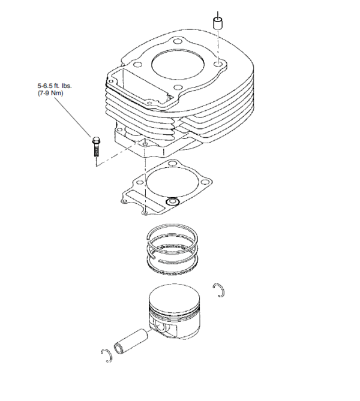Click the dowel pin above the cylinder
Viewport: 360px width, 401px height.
pyautogui.click(x=218, y=23)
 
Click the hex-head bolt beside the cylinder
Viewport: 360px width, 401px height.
pyautogui.click(x=96, y=147)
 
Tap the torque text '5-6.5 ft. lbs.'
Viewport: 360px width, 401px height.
pyautogui.click(x=55, y=86)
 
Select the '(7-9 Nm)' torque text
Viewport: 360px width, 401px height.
pyautogui.click(x=50, y=93)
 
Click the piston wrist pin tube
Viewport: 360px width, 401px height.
pyautogui.click(x=131, y=342)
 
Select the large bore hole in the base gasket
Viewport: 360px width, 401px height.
pyautogui.click(x=173, y=182)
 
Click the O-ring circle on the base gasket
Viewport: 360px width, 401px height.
pyautogui.click(x=172, y=202)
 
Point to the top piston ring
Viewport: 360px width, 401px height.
pyautogui.click(x=172, y=234)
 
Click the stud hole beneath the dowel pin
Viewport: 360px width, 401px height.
pyautogui.click(x=218, y=64)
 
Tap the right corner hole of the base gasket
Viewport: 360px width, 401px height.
pyautogui.click(x=205, y=182)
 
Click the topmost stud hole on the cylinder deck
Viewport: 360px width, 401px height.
pyautogui.click(x=177, y=41)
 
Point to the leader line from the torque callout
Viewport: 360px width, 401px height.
pyautogui.click(x=73, y=117)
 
